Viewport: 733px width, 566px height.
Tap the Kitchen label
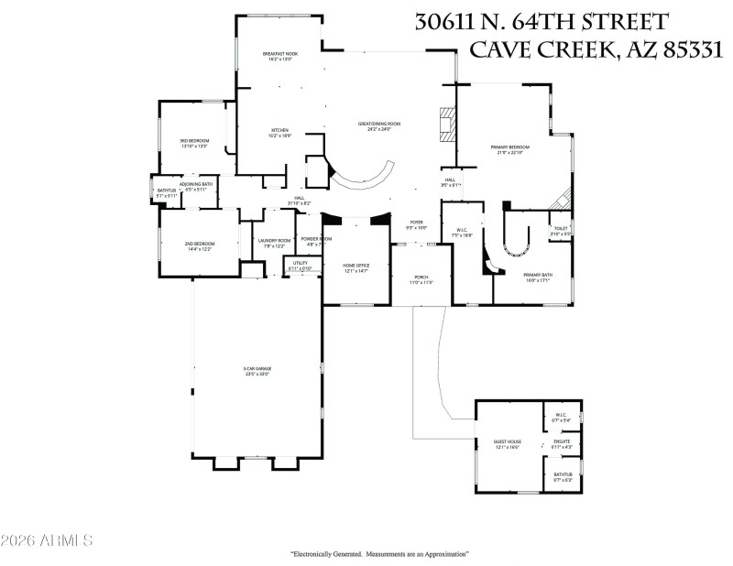[279, 132]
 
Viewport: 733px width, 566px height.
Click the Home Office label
[356, 267]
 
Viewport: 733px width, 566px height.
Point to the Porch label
[421, 278]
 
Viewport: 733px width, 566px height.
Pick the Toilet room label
[560, 231]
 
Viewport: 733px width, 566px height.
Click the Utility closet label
[300, 265]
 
